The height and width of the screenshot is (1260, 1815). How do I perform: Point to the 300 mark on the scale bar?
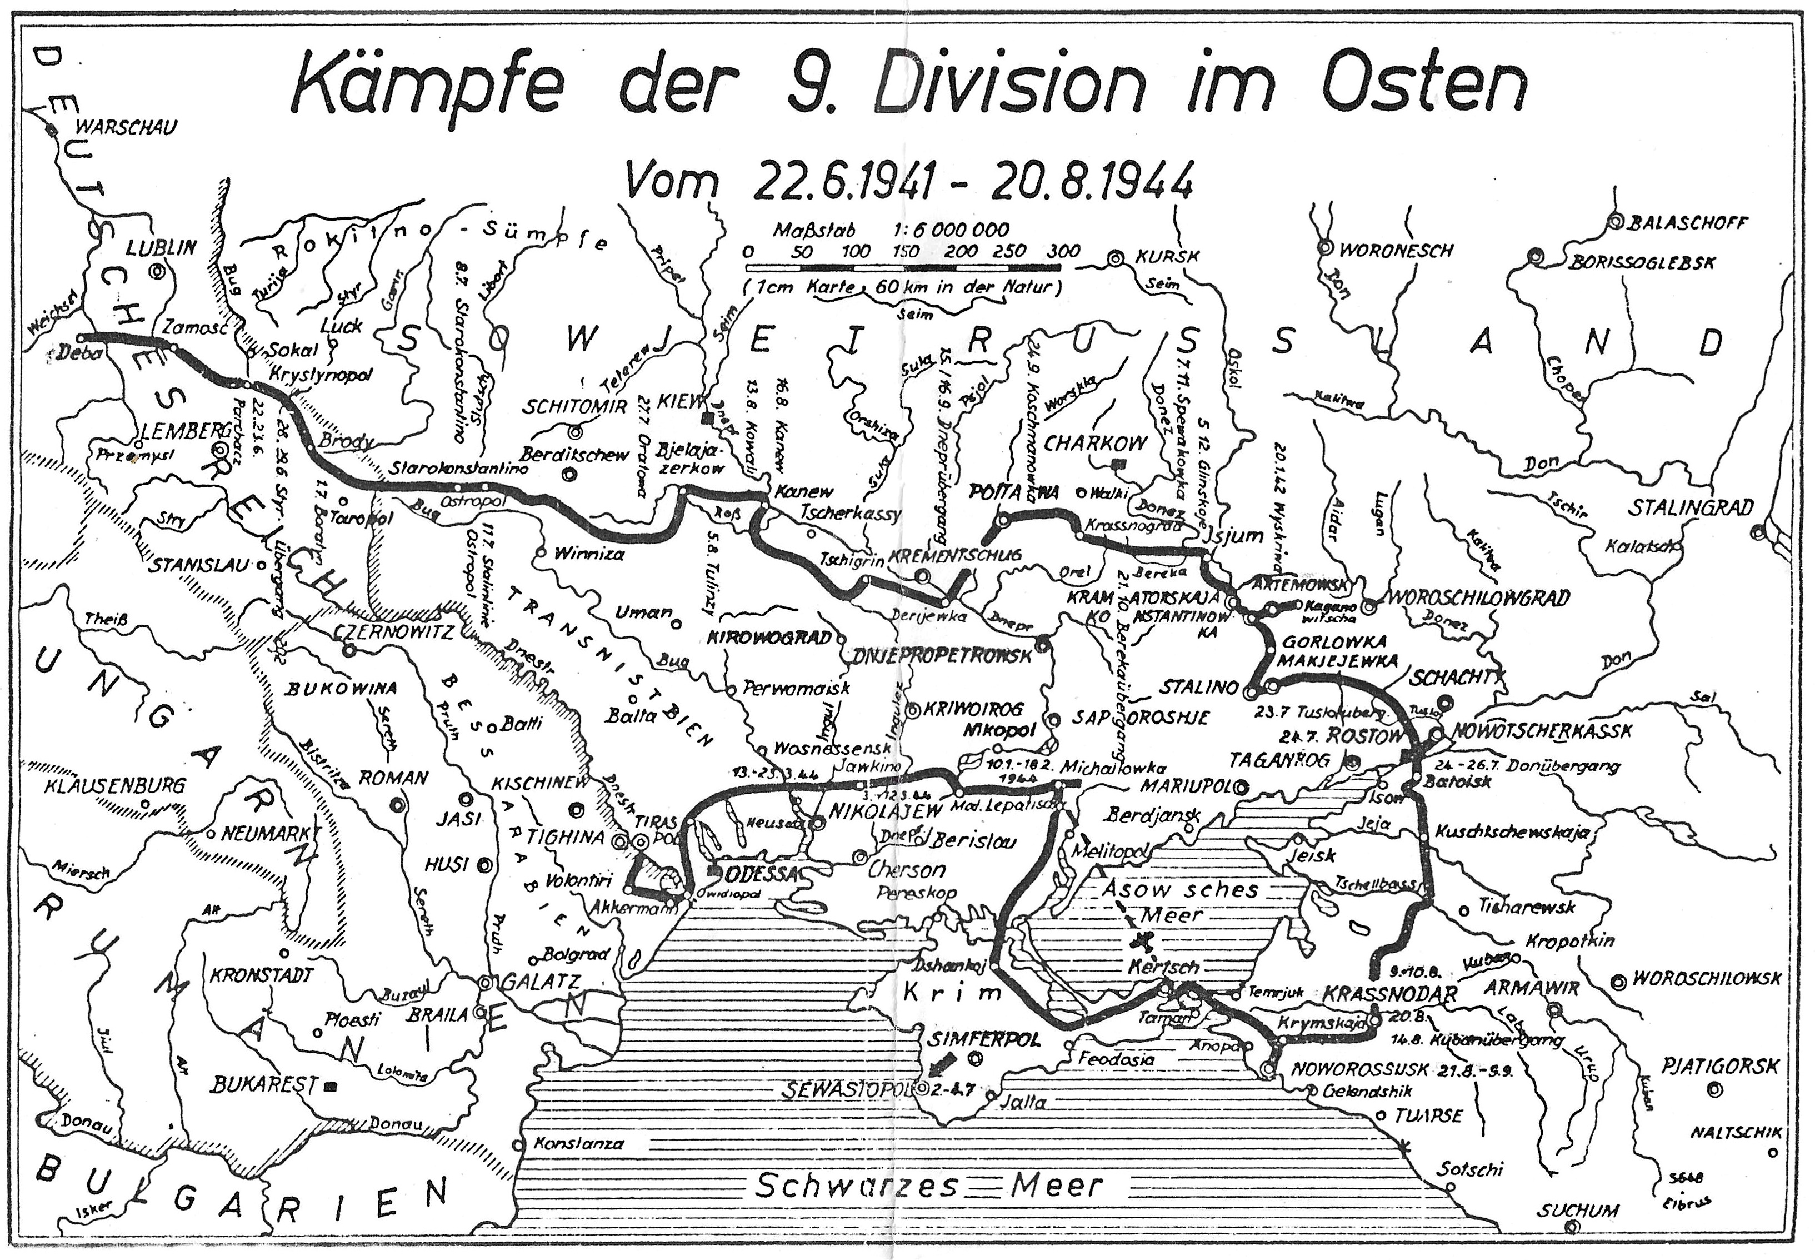1063,252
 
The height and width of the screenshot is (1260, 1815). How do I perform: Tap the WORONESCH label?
1395,251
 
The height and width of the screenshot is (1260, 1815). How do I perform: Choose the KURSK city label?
1166,257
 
